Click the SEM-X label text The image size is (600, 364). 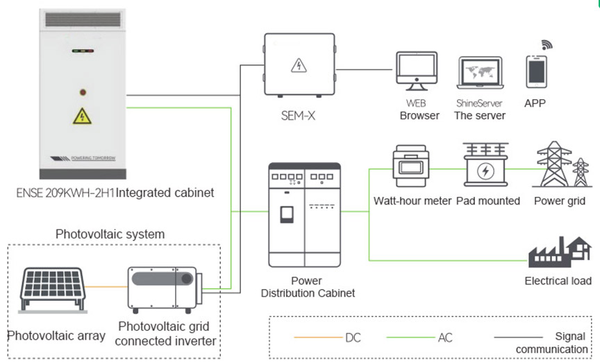click(298, 115)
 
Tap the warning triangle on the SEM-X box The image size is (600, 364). click(299, 65)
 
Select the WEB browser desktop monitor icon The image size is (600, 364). click(417, 71)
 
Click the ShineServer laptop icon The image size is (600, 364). click(481, 73)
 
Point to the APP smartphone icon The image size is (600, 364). click(536, 72)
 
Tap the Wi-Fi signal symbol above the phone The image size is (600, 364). click(547, 44)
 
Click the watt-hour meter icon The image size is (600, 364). click(410, 166)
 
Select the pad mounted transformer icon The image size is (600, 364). click(485, 164)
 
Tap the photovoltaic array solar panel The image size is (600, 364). click(53, 290)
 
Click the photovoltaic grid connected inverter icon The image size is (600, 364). click(165, 290)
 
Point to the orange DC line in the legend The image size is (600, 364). click(318, 337)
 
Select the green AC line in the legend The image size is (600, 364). click(410, 337)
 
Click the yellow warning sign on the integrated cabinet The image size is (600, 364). click(82, 116)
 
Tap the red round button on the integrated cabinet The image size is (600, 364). click(83, 92)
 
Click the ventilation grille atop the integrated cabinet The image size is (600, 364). click(83, 19)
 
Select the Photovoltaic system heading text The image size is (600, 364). click(110, 234)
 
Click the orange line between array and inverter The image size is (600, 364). click(106, 286)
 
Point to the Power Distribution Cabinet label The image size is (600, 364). click(308, 287)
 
